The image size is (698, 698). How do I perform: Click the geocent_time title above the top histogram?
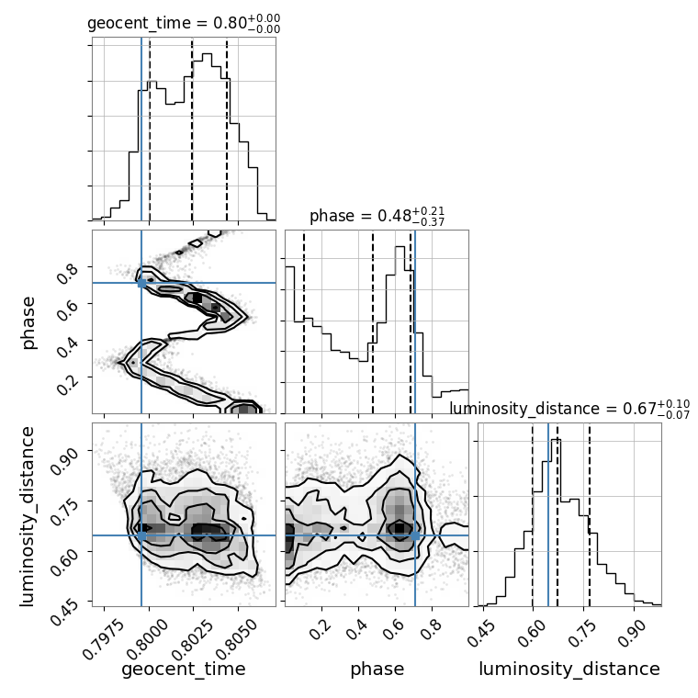[184, 24]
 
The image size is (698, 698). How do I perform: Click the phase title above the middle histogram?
[377, 217]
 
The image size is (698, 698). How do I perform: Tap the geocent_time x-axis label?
[184, 670]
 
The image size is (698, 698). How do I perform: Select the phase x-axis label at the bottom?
[377, 670]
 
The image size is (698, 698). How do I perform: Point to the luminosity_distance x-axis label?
[569, 670]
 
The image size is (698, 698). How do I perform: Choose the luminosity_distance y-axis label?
[28, 514]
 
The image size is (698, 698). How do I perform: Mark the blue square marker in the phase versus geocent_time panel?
[141, 283]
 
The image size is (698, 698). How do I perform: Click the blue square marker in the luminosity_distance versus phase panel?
[415, 535]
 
